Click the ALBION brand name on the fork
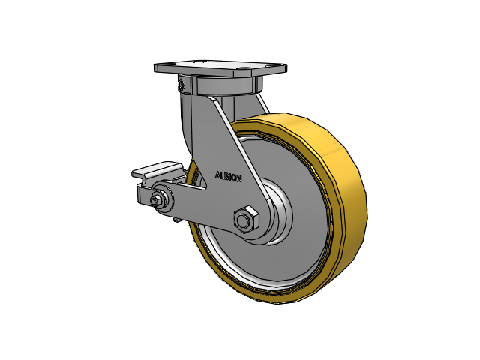pyautogui.click(x=228, y=177)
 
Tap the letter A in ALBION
pyautogui.click(x=217, y=175)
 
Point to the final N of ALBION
pyautogui.click(x=239, y=178)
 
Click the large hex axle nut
pyautogui.click(x=246, y=219)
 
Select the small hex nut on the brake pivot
pyautogui.click(x=155, y=200)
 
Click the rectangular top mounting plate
pyautogui.click(x=220, y=68)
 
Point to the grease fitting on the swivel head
pyautogui.click(x=181, y=84)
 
